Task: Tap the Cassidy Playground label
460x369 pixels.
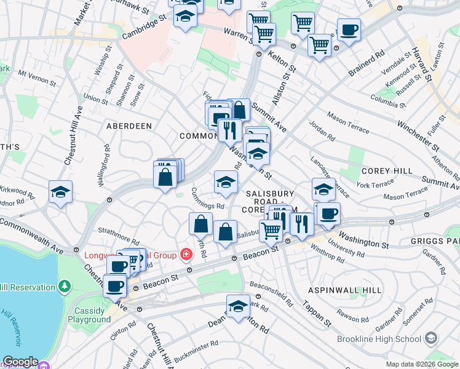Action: [x=89, y=315]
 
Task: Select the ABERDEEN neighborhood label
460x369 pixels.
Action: [x=129, y=125]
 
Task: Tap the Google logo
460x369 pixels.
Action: [x=20, y=362]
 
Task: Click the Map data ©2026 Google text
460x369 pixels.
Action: [x=422, y=364]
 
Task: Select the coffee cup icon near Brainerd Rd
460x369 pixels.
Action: [x=349, y=30]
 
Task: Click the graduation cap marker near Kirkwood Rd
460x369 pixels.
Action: [x=60, y=191]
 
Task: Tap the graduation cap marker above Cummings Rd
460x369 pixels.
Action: [x=226, y=181]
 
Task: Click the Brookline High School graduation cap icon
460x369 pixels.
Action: [x=432, y=339]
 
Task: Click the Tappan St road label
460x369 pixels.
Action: [x=316, y=314]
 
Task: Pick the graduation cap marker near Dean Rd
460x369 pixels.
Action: [x=238, y=305]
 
